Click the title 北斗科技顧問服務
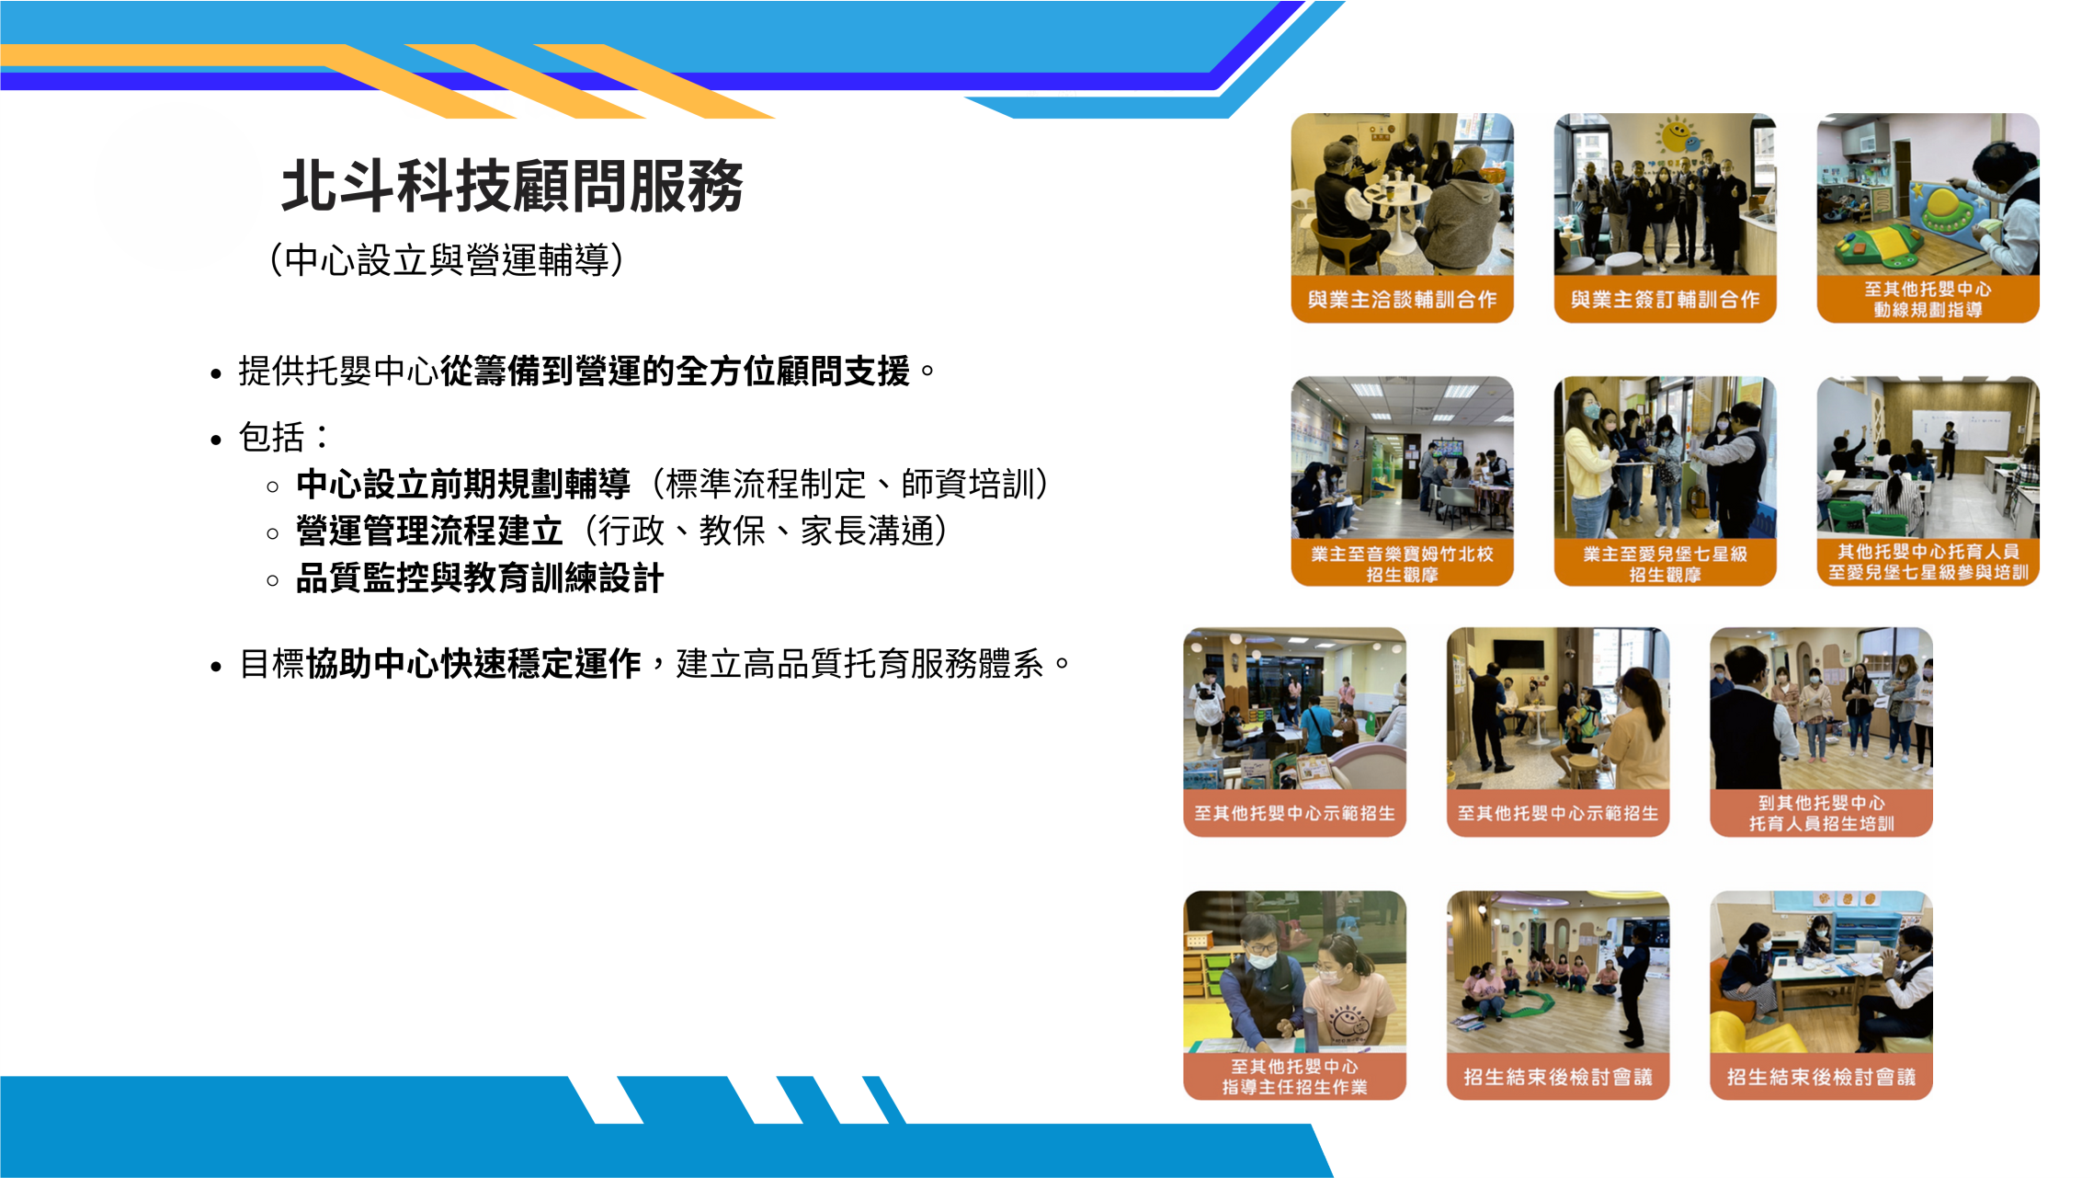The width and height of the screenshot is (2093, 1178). pyautogui.click(x=512, y=186)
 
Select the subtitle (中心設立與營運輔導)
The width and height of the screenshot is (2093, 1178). pyautogui.click(x=447, y=260)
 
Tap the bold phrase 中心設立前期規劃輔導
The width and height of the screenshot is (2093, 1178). pyautogui.click(x=463, y=484)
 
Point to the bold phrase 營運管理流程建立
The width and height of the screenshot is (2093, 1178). pyautogui.click(x=429, y=532)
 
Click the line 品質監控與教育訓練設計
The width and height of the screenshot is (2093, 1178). pyautogui.click(x=480, y=578)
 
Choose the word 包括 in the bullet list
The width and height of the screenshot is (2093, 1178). pyautogui.click(x=271, y=437)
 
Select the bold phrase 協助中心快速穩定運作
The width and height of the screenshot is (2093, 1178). pyautogui.click(x=473, y=663)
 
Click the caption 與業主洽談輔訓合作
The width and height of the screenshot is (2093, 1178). pyautogui.click(x=1402, y=299)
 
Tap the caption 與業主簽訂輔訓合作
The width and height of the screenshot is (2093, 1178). pyautogui.click(x=1665, y=299)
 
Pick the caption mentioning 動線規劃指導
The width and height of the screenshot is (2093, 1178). pyautogui.click(x=1928, y=299)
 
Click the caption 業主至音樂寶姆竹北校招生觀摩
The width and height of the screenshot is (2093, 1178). pyautogui.click(x=1402, y=564)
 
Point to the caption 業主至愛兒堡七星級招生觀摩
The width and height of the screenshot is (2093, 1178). pyautogui.click(x=1665, y=564)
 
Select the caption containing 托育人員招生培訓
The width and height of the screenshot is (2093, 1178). pyautogui.click(x=1821, y=813)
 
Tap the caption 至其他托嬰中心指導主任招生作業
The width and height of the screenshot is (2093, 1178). pyautogui.click(x=1294, y=1076)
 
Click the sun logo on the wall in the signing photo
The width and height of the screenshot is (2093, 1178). pyautogui.click(x=1678, y=137)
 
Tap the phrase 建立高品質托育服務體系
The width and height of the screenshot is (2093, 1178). pyautogui.click(x=859, y=663)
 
